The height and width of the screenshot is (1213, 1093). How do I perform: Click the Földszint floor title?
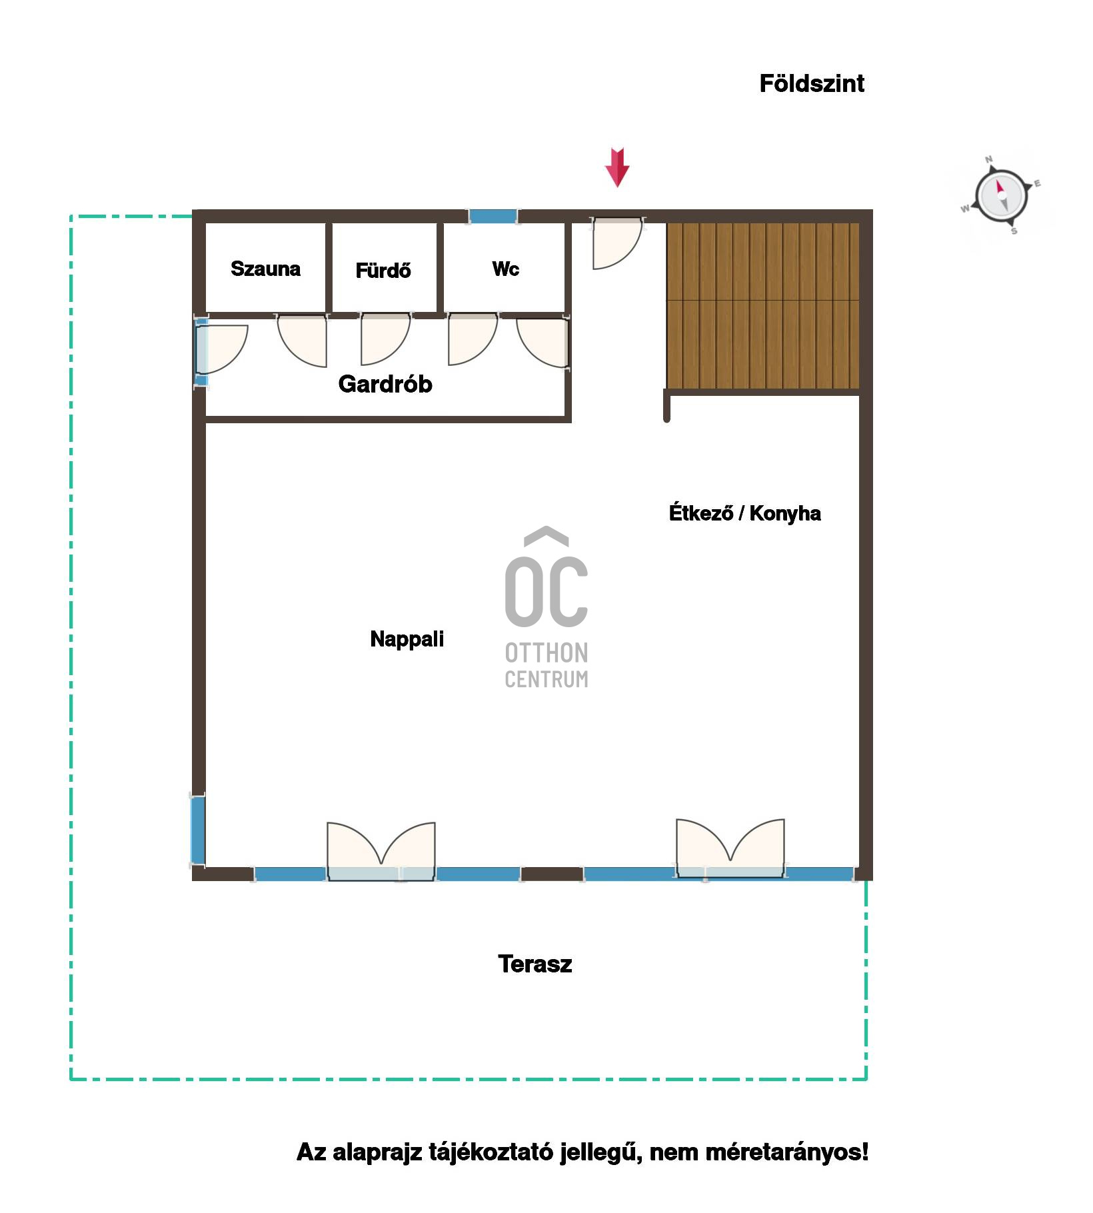(812, 83)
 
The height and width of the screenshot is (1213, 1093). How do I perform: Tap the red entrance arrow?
(617, 167)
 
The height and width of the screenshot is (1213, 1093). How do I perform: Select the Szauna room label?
(265, 269)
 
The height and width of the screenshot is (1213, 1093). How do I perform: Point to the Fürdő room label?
(383, 270)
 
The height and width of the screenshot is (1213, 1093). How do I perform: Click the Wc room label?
(505, 269)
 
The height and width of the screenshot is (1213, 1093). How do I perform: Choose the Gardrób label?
(385, 384)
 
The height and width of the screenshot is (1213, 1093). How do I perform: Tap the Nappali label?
(407, 639)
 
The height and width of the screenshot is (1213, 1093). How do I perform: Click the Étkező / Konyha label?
(744, 513)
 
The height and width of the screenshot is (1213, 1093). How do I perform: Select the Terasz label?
(535, 964)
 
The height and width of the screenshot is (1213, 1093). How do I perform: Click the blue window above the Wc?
(493, 216)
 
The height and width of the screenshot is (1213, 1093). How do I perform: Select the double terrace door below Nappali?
(381, 852)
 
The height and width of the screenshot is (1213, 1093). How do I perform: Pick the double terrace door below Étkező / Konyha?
(730, 848)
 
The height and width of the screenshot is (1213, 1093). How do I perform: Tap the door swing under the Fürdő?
(385, 339)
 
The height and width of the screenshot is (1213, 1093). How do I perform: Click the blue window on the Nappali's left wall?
(198, 830)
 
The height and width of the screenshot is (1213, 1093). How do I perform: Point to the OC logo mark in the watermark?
(546, 577)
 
